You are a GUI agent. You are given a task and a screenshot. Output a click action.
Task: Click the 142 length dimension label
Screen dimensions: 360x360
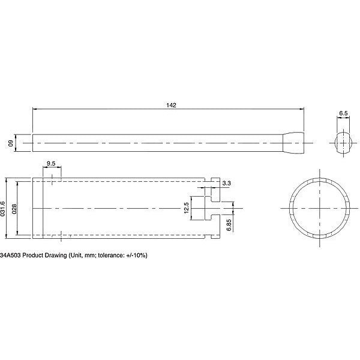tap(171, 105)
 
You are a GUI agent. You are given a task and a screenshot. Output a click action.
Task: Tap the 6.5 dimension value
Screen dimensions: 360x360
tap(343, 113)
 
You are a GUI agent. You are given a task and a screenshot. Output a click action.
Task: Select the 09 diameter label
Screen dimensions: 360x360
tap(11, 143)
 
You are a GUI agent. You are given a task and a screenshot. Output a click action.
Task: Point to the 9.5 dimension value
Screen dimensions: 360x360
tap(51, 163)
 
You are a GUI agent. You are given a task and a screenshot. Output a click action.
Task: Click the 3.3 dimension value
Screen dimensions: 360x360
tap(226, 183)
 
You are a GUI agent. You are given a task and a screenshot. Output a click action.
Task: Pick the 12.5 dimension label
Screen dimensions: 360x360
tap(186, 208)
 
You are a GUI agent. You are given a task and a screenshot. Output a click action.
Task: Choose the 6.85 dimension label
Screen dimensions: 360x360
tap(229, 225)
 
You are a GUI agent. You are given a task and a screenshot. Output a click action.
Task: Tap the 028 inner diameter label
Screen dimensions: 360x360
tap(14, 209)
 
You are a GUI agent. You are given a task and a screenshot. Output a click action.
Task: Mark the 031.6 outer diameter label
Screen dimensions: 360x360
tap(3, 209)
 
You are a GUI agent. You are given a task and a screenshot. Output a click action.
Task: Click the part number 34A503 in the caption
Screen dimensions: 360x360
tap(10, 255)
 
